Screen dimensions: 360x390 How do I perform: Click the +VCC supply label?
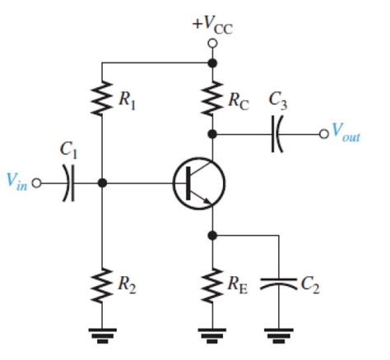[x=212, y=23]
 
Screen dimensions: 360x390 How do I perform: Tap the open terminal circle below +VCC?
[x=212, y=43]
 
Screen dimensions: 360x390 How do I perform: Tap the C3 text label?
[x=279, y=100]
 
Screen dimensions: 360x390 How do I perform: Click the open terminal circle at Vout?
[x=323, y=133]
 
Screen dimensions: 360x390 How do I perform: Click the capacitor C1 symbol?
[x=67, y=183]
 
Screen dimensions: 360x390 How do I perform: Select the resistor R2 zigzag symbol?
[x=101, y=284]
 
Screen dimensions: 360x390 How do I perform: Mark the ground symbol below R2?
[x=101, y=333]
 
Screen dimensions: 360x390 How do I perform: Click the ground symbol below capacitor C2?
[x=278, y=333]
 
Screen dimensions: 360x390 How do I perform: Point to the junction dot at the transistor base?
[x=101, y=183]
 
